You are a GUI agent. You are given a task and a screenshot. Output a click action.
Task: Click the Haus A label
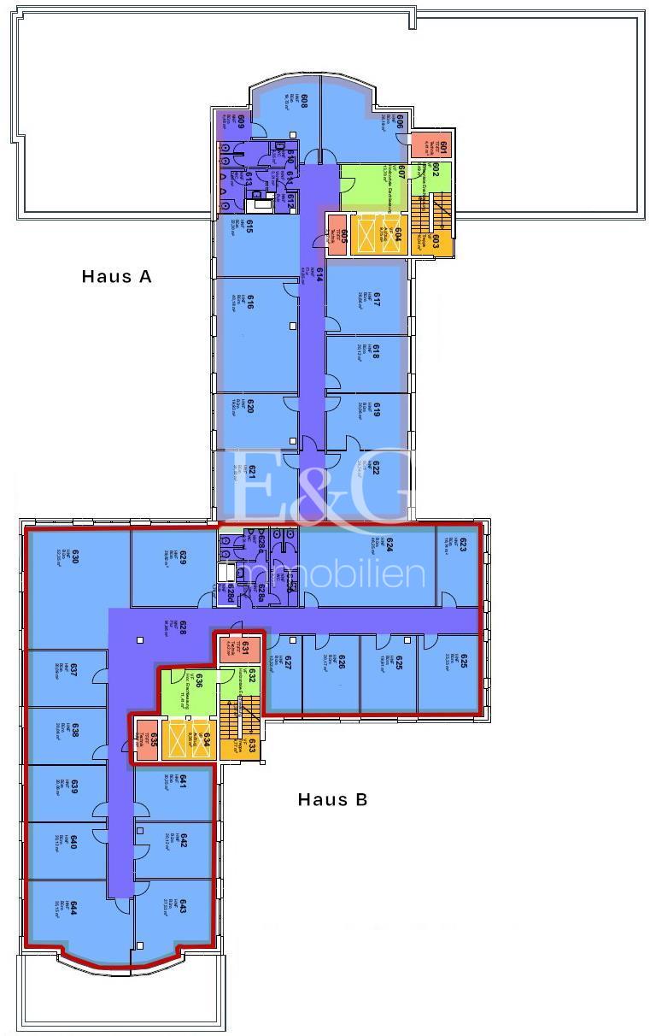(116, 276)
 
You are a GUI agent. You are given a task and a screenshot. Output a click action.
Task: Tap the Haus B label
(332, 800)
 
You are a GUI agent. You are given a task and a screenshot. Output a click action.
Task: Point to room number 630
(75, 556)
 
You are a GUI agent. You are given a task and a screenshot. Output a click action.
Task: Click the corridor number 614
(319, 275)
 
